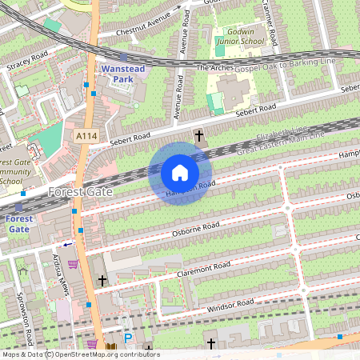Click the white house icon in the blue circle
(x=180, y=173)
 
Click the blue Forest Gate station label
(x=19, y=223)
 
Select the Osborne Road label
(x=195, y=229)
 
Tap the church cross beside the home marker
(x=199, y=137)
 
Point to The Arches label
(x=214, y=69)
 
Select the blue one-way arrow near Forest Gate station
(x=67, y=244)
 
